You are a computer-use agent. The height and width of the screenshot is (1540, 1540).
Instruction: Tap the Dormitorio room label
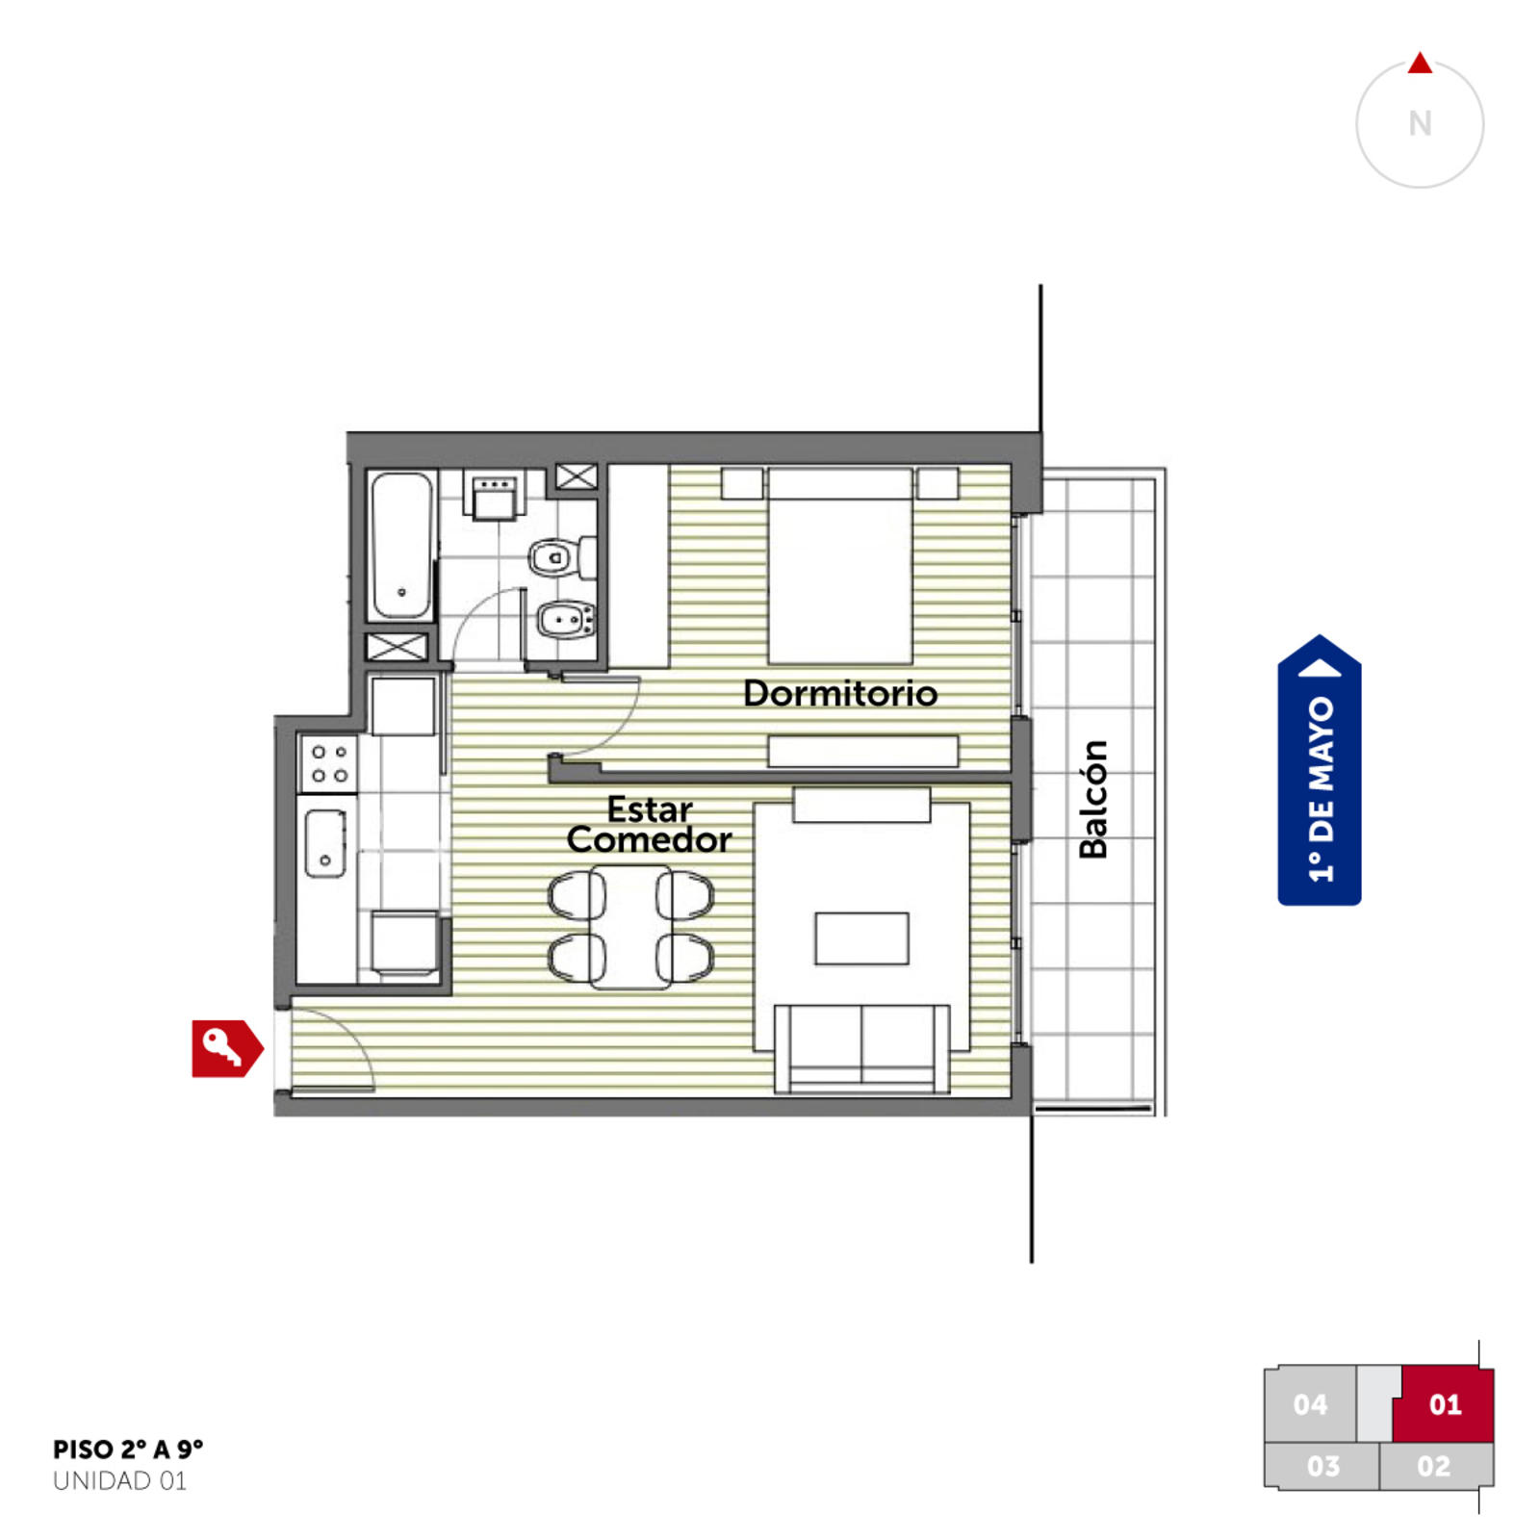tap(840, 693)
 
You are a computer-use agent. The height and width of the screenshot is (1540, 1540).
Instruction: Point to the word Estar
tap(650, 809)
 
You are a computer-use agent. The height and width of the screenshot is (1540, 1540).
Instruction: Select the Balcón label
tap(1093, 799)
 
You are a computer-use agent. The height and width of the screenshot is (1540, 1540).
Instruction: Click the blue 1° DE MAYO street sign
tap(1320, 770)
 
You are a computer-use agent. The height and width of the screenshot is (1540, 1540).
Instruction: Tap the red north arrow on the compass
tap(1420, 64)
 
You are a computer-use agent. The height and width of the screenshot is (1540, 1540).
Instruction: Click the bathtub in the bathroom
tap(401, 545)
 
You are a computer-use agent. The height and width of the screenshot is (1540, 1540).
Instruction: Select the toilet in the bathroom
tap(562, 556)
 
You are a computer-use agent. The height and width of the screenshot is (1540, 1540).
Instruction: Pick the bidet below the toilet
tap(565, 621)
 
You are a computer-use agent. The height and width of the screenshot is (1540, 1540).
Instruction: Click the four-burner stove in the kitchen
tap(328, 763)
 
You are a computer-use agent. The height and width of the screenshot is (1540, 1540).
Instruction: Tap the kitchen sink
tap(325, 843)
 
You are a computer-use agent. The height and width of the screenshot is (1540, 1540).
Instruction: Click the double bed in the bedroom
tap(840, 566)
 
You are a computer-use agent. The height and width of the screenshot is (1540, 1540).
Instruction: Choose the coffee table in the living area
tap(861, 938)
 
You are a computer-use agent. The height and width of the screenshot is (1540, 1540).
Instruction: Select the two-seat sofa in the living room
tap(861, 1048)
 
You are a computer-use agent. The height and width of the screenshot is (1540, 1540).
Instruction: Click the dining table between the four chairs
tap(631, 927)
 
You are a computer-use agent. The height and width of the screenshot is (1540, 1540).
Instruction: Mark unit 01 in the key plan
tap(1445, 1404)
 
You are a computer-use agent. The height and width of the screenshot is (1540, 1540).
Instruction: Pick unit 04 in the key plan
tap(1310, 1404)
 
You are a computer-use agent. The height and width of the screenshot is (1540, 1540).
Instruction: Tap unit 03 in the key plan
tap(1322, 1466)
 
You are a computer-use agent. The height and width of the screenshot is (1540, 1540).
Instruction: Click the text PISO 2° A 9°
tap(128, 1450)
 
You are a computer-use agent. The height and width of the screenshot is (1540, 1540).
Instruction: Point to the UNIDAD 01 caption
tap(120, 1481)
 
